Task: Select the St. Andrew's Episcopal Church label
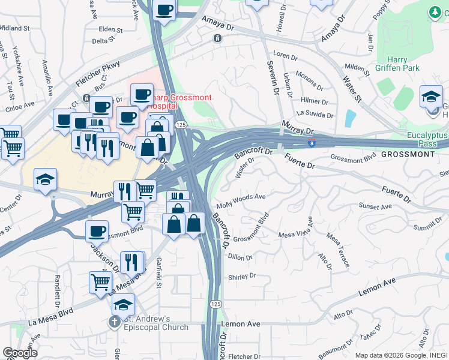point(157,323)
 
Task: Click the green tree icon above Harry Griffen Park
point(435,11)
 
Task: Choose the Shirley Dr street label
point(242,277)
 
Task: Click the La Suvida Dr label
point(314,114)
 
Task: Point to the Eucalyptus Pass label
point(427,140)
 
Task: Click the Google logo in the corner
point(20,352)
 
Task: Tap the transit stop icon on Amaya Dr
point(217,38)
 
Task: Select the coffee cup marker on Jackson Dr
point(97,232)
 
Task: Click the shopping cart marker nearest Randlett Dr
point(101,283)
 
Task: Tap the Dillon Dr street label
point(240,257)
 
